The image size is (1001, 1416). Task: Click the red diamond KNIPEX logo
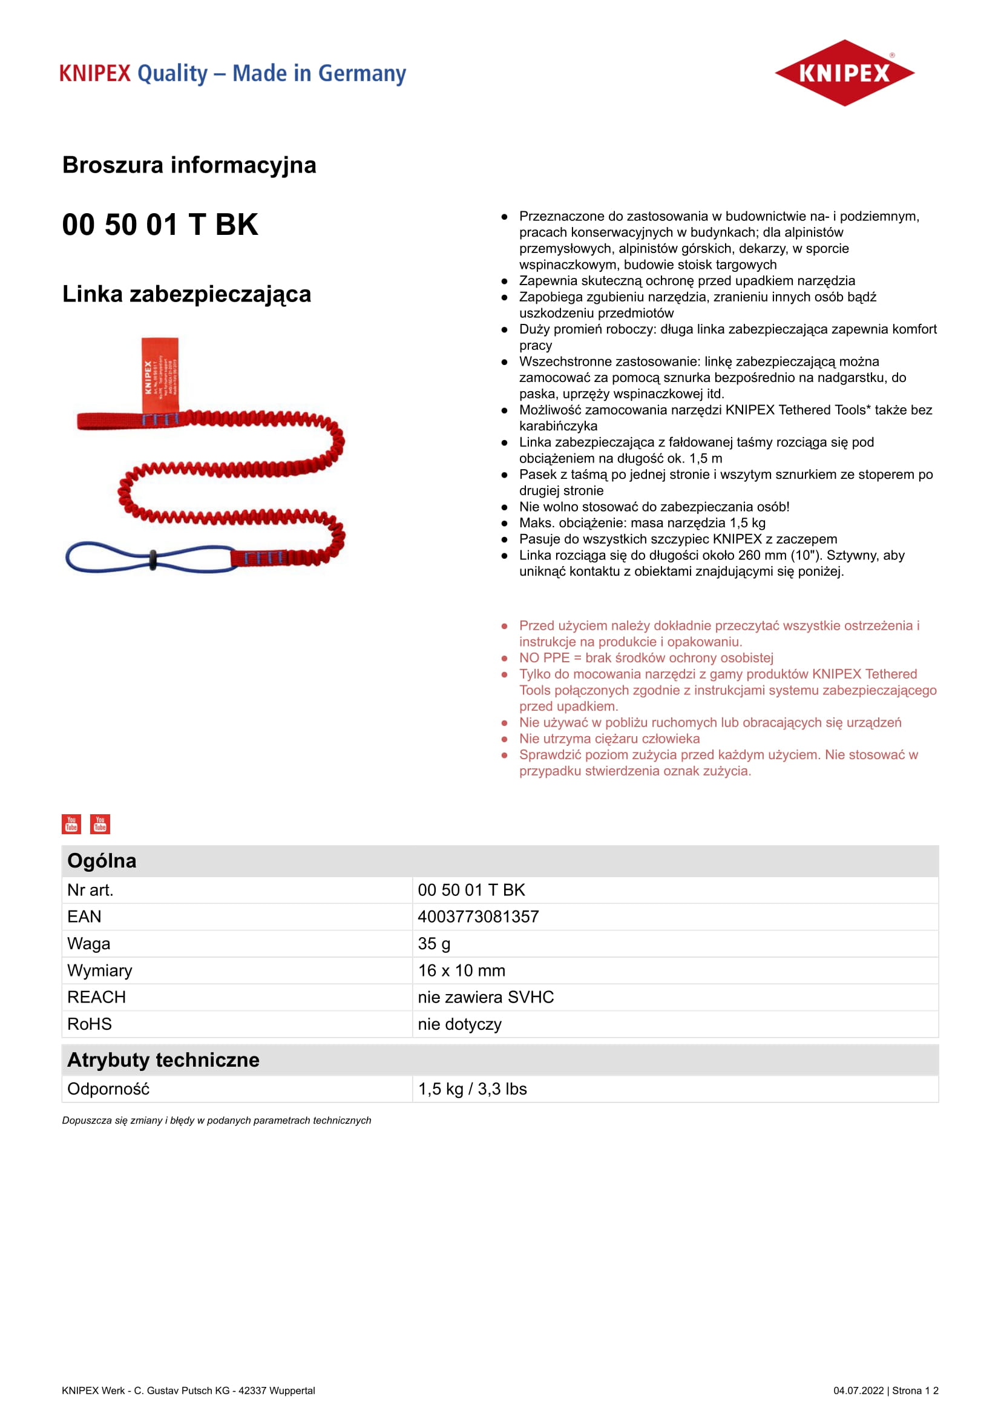(844, 73)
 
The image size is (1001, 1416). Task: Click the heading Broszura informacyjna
(189, 165)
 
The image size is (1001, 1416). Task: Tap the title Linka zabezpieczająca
(186, 294)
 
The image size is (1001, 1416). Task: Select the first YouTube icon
(71, 824)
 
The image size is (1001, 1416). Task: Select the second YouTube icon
(100, 824)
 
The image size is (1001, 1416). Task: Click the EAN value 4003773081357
(478, 917)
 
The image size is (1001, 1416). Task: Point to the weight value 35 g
(434, 944)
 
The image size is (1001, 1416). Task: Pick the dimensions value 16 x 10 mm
(461, 970)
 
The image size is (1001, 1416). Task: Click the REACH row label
(96, 997)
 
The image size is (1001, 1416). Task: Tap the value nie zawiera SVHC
(486, 997)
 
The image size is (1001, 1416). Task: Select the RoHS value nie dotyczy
(459, 1024)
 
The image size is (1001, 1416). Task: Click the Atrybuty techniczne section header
(163, 1059)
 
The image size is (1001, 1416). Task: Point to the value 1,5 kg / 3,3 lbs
(472, 1089)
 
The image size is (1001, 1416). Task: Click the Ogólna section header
(102, 860)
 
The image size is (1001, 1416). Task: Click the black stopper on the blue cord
(153, 558)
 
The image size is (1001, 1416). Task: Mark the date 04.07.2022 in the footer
(858, 1390)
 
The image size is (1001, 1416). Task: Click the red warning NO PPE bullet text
(645, 657)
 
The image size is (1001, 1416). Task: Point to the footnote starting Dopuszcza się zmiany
(216, 1120)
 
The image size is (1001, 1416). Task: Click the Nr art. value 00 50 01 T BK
(471, 890)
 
